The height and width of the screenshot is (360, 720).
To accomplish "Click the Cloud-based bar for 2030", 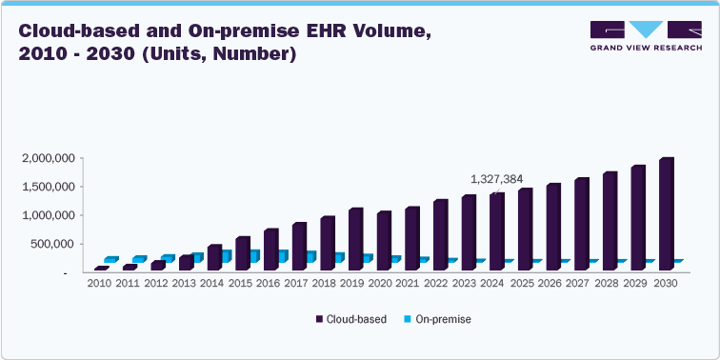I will click(667, 215).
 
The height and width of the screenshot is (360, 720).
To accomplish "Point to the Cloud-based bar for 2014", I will click(214, 258).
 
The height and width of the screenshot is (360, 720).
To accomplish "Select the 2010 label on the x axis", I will click(99, 283).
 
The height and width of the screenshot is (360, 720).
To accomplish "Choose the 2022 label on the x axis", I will click(437, 283).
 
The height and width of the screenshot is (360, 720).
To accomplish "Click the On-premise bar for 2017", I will click(311, 256).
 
